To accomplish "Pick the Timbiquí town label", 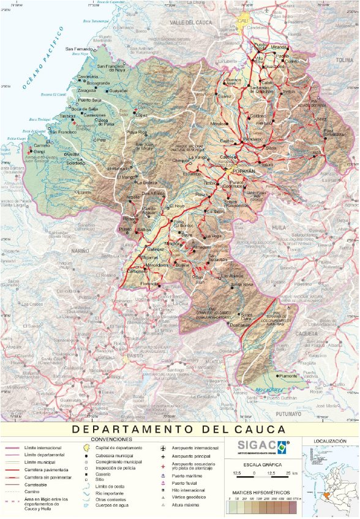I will (67, 115).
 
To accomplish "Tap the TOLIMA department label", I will (345, 61).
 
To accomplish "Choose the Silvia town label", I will (271, 148).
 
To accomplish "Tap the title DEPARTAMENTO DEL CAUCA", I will (179, 429).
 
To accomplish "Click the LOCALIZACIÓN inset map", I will (330, 482).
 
